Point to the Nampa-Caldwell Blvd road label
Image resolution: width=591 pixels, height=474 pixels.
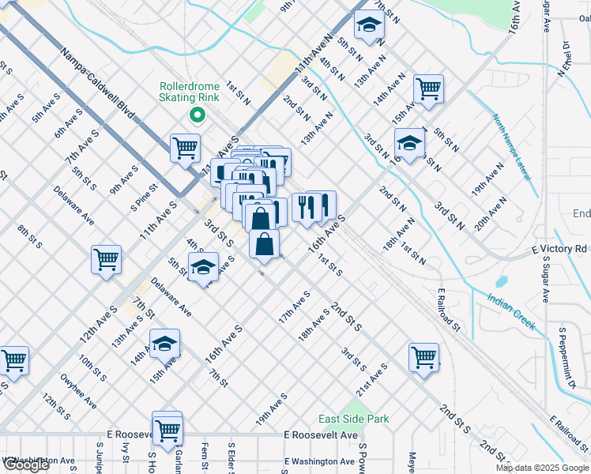coord(98,87)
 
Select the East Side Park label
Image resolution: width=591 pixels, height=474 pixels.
coord(354,419)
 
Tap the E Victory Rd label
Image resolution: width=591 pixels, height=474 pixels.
coord(559,249)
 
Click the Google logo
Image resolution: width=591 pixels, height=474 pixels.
coord(27,465)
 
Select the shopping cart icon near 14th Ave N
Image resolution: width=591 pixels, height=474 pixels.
coord(428,88)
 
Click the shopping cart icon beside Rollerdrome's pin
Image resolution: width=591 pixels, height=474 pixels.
coord(185,147)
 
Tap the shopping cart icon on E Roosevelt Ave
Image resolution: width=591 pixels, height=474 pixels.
coord(168,429)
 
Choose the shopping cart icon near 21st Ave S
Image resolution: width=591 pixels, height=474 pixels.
coord(424,356)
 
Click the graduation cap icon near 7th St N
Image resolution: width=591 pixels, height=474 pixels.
coord(368,25)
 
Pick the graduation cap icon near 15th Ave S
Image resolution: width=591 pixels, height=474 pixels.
coord(165,343)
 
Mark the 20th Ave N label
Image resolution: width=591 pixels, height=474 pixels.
coord(491,213)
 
